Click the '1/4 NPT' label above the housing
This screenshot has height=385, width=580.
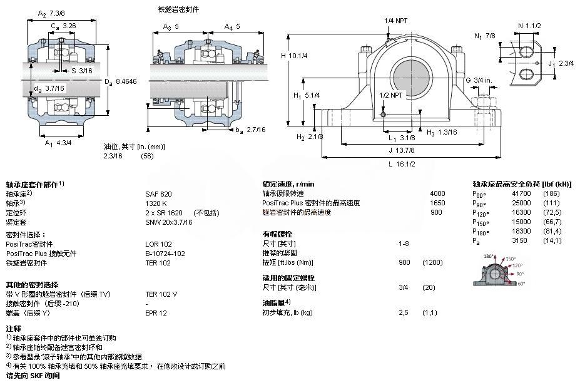(395, 21)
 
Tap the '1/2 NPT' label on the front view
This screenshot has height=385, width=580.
(390, 95)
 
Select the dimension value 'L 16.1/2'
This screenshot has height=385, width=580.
(402, 163)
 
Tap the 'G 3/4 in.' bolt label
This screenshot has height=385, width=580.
(478, 80)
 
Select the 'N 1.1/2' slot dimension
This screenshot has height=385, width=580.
(529, 25)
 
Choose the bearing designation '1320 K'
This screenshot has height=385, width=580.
(156, 203)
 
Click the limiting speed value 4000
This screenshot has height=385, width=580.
(437, 194)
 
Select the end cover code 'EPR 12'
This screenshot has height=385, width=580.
(156, 312)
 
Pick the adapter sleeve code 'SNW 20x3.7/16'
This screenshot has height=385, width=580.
(169, 222)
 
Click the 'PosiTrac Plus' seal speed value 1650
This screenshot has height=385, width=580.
(437, 203)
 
